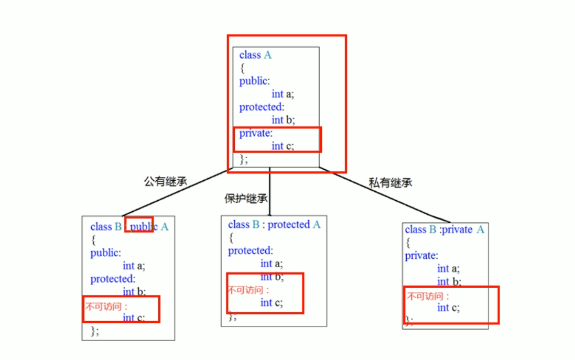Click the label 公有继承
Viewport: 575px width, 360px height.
click(x=165, y=182)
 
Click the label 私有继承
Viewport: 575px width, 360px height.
click(x=390, y=183)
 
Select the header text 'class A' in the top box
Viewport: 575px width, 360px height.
click(x=255, y=55)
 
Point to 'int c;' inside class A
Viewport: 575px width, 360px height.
click(x=283, y=146)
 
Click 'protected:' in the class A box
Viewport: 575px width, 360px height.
click(x=262, y=107)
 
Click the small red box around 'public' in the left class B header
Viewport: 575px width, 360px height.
click(x=139, y=224)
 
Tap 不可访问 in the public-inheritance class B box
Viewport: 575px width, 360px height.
click(x=106, y=304)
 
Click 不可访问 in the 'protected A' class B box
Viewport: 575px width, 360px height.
click(x=248, y=289)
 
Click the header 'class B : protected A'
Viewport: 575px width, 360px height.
click(x=274, y=225)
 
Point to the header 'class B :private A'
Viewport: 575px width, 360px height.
click(x=444, y=230)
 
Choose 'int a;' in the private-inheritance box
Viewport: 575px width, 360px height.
click(x=449, y=269)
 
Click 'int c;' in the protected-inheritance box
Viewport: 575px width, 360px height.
click(x=272, y=302)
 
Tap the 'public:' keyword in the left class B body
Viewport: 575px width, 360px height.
click(x=105, y=253)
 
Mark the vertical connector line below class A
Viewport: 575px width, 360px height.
click(x=269, y=191)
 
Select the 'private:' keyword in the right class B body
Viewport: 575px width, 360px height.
click(x=421, y=256)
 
